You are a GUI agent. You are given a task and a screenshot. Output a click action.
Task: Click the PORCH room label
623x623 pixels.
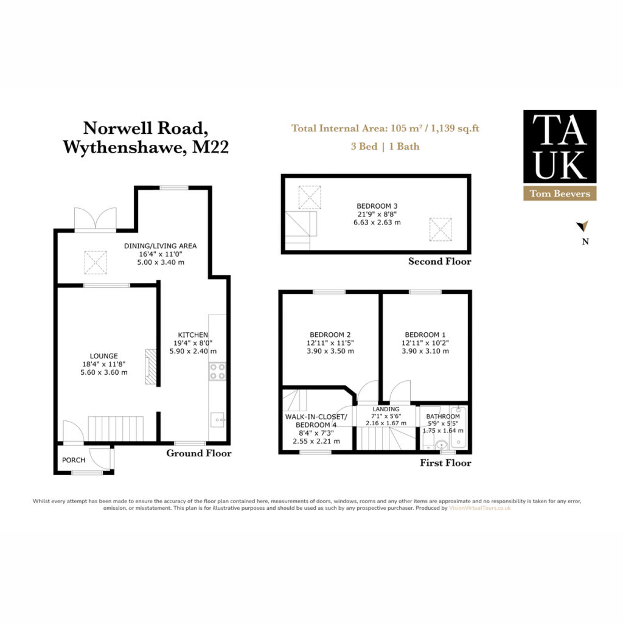74,460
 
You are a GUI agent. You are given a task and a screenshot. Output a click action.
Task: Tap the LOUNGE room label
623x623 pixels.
103,356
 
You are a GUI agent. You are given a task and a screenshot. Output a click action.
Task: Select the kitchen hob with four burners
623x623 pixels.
217,372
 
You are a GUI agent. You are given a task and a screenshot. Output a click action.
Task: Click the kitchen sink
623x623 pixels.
217,420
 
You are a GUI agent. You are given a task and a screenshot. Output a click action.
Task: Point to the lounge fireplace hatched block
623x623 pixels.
151,367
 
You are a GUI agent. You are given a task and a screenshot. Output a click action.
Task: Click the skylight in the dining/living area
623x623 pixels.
96,262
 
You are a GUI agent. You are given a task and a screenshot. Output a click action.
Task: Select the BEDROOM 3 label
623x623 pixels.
377,206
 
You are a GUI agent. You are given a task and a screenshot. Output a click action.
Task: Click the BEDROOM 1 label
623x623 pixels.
425,335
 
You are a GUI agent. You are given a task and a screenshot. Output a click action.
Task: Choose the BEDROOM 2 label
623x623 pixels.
330,335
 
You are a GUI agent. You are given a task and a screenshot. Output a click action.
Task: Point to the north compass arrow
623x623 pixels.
583,226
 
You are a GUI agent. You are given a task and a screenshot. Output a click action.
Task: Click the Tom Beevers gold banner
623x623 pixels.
560,193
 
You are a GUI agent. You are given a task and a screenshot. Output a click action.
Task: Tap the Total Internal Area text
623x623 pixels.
385,128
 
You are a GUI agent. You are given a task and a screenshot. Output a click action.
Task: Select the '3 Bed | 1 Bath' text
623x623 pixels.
385,147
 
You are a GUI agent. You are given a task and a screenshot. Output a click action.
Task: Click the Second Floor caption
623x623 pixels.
439,262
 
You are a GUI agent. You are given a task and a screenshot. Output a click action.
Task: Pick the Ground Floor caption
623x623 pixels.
199,453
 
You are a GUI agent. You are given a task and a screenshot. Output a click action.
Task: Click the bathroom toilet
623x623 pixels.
428,441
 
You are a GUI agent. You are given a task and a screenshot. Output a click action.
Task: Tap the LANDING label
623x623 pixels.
386,409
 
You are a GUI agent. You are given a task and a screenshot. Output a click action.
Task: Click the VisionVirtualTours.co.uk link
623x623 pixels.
479,508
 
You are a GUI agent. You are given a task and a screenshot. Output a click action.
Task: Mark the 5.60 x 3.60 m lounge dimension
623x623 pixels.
104,372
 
